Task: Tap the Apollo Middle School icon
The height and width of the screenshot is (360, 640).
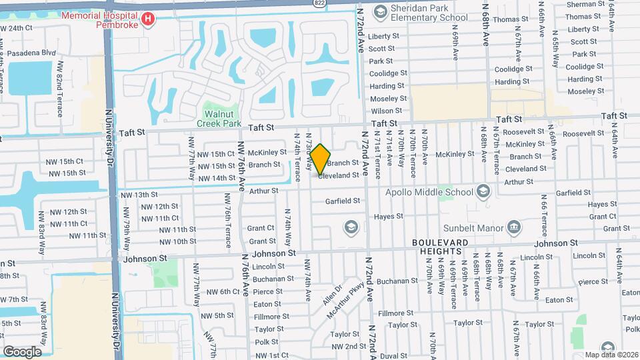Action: pos(483,192)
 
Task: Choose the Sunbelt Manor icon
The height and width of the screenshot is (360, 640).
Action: pos(513,228)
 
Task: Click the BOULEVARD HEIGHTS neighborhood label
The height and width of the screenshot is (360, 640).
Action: pos(437,246)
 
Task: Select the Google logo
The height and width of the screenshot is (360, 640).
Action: pos(22,351)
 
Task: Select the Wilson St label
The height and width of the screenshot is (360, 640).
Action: pos(382,111)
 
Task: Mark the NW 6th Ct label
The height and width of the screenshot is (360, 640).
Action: pos(223,291)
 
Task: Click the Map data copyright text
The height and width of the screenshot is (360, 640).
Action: pos(609,354)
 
